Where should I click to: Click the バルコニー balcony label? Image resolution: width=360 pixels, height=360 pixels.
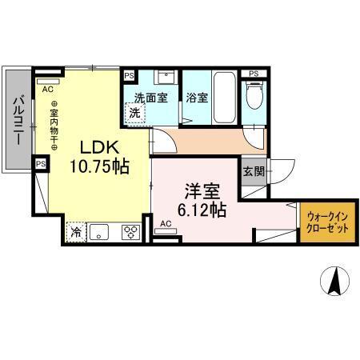pos(17,120)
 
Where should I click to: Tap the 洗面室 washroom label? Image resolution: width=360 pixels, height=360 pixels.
pos(150,99)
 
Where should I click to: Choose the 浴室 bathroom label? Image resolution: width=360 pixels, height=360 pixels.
pos(198,99)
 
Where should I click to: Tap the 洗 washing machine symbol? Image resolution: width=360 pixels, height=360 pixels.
pos(136,113)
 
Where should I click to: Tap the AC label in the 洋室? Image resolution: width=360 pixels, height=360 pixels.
pos(166,223)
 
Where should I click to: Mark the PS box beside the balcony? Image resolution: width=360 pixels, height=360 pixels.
pos(40,163)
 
